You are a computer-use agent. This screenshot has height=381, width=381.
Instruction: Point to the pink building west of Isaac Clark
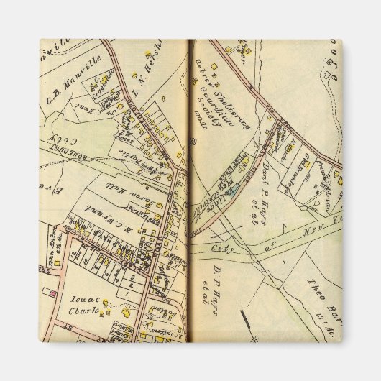point(52,293)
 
